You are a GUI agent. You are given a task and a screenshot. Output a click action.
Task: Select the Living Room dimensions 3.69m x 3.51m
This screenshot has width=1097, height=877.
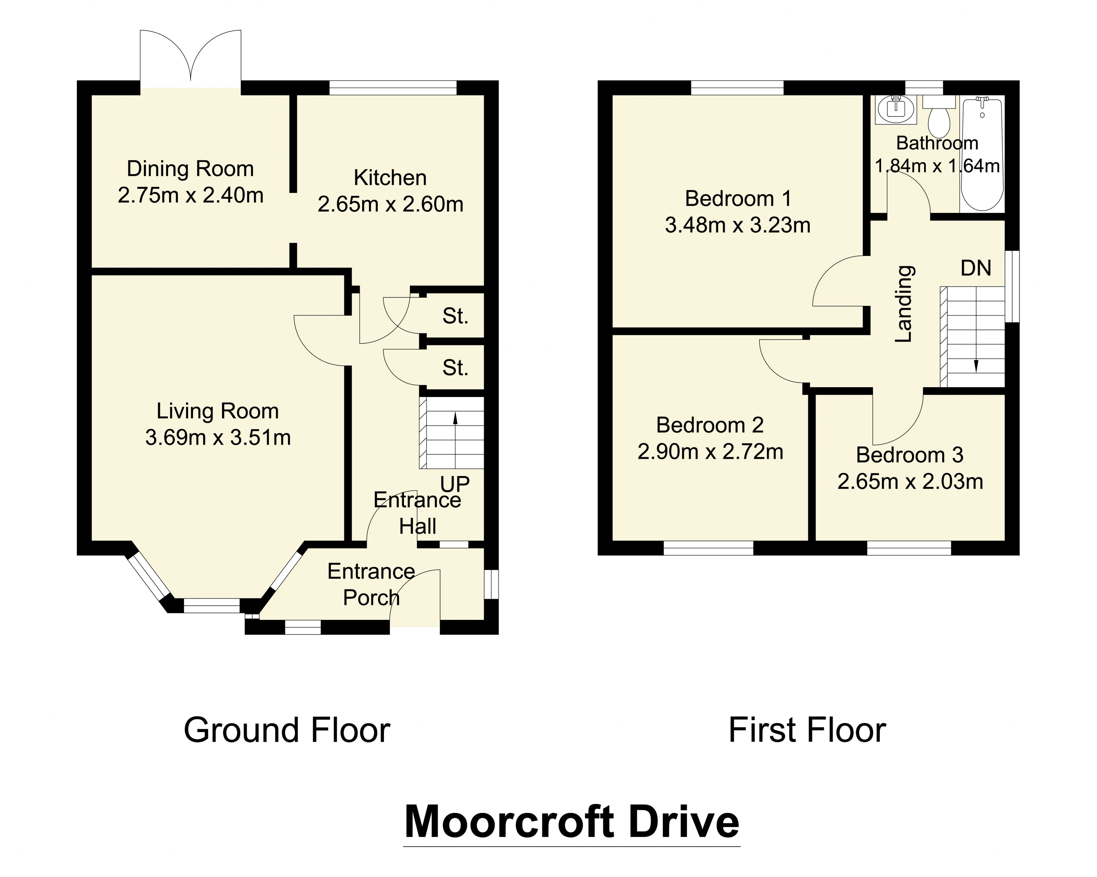coord(218,438)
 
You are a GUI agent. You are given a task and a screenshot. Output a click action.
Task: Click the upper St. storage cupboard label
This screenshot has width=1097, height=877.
coord(455,316)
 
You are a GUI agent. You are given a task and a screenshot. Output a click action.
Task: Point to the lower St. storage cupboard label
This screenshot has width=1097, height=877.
coord(455,368)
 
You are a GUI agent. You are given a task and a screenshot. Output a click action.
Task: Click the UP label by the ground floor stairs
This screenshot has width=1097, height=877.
coord(454,484)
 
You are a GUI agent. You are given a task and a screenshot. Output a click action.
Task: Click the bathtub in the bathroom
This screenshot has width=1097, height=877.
coord(982,155)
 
